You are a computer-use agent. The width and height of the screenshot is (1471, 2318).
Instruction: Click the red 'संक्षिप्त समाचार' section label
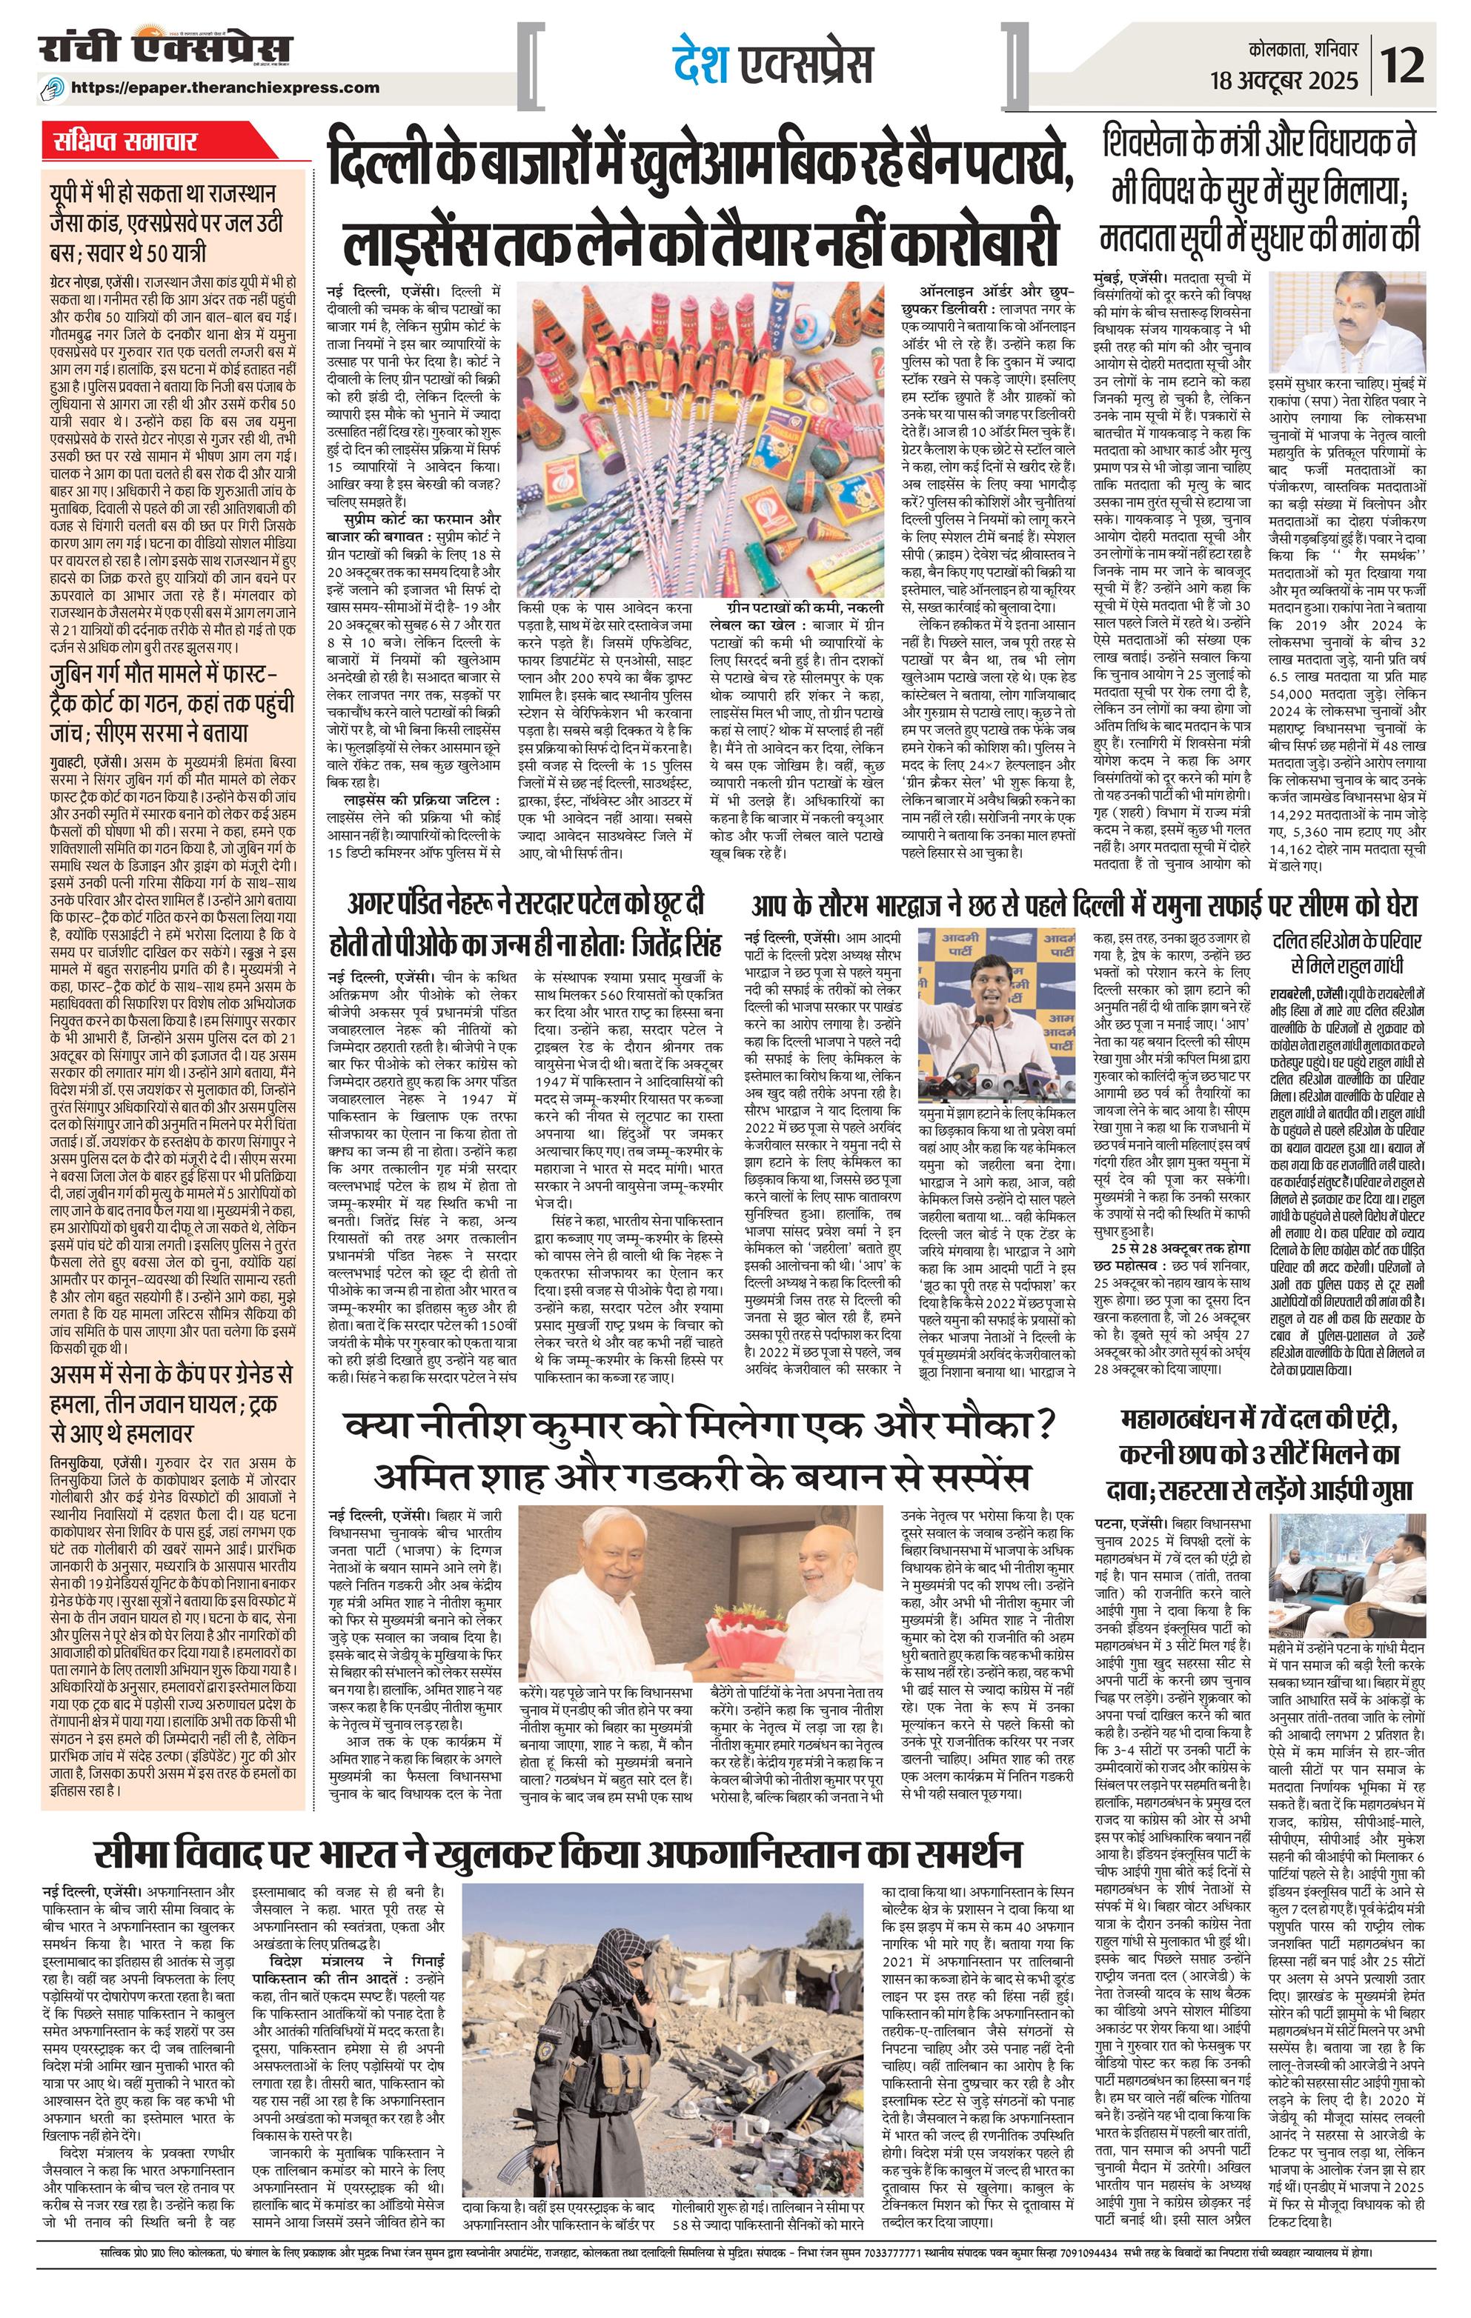click(125, 141)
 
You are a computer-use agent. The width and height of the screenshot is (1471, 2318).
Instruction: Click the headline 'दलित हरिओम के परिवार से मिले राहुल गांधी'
click(1346, 952)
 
